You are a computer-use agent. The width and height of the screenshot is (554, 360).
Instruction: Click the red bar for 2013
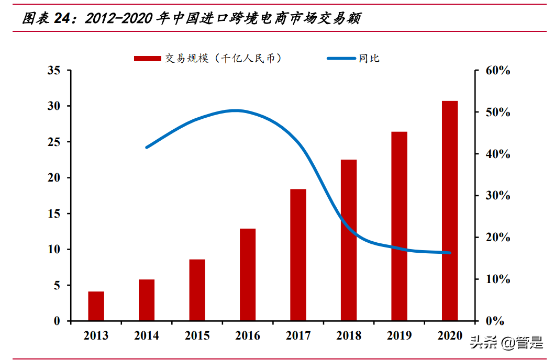(96, 306)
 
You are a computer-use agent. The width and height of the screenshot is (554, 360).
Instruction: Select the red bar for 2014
(147, 300)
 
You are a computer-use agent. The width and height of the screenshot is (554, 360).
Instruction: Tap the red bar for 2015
(197, 290)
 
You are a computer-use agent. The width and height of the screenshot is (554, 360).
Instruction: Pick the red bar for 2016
(248, 275)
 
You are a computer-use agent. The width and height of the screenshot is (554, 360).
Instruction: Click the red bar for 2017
(298, 255)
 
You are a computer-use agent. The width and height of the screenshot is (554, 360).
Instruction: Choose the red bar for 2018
(349, 240)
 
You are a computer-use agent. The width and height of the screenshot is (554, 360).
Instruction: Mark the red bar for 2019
(399, 226)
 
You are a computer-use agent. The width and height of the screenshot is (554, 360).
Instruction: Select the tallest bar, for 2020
(450, 211)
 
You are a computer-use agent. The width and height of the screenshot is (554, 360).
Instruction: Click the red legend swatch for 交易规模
(147, 59)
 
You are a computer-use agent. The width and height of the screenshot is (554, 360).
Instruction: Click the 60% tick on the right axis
(495, 71)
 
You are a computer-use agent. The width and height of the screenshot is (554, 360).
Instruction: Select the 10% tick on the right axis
(495, 279)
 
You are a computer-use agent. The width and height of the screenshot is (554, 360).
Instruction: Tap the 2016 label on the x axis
(248, 336)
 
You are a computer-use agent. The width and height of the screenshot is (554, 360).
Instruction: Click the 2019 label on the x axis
(399, 336)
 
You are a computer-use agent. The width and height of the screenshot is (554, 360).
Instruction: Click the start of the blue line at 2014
(147, 147)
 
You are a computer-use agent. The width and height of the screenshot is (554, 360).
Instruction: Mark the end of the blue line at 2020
(449, 253)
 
